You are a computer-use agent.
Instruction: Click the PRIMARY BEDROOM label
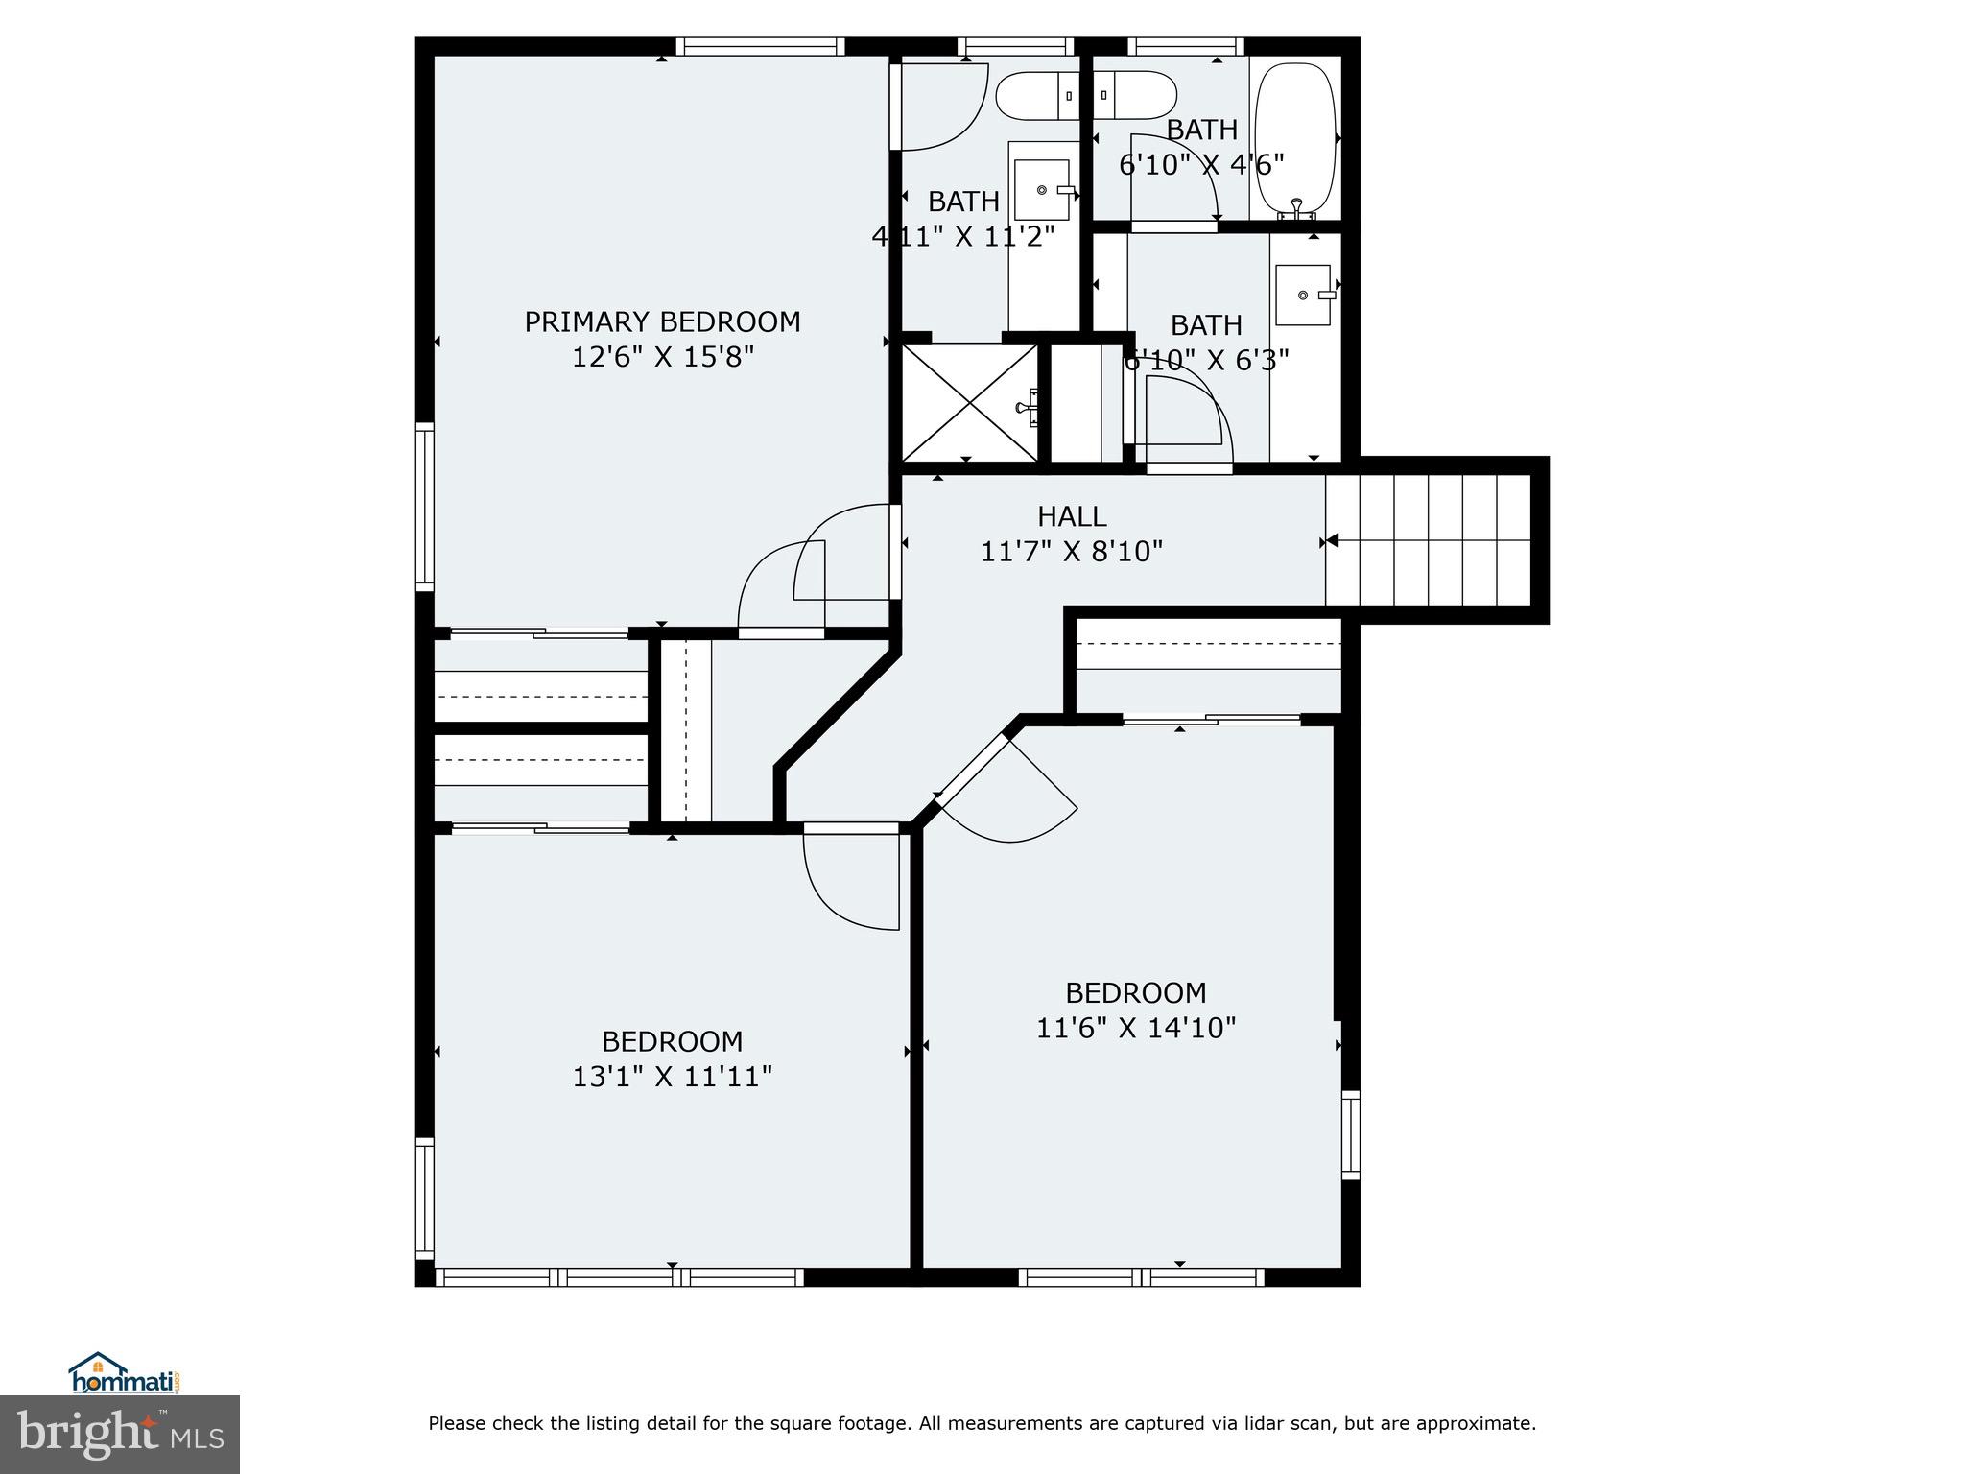(x=662, y=321)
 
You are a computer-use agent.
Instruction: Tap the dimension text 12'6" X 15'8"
(x=662, y=358)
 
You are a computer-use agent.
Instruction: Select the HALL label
(x=1072, y=517)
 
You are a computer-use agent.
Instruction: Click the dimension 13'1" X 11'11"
(x=672, y=1077)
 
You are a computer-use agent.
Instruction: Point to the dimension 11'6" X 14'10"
(x=1135, y=1028)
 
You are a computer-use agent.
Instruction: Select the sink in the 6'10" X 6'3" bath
(x=1303, y=295)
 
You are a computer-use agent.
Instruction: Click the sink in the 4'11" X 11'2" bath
(x=1042, y=190)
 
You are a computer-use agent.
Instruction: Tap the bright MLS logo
(x=119, y=1434)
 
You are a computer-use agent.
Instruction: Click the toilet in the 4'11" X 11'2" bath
(x=1036, y=95)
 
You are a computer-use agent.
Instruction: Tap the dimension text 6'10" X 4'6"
(x=1201, y=165)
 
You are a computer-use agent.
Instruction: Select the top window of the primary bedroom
(x=760, y=46)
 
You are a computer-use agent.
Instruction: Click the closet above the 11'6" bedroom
(x=1207, y=664)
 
